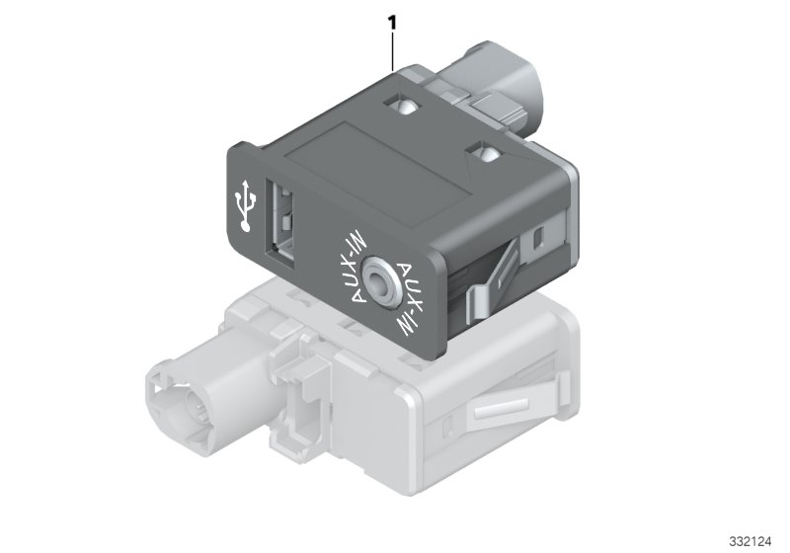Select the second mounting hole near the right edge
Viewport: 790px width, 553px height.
tap(483, 154)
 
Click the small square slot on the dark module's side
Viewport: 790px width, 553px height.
tap(537, 238)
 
